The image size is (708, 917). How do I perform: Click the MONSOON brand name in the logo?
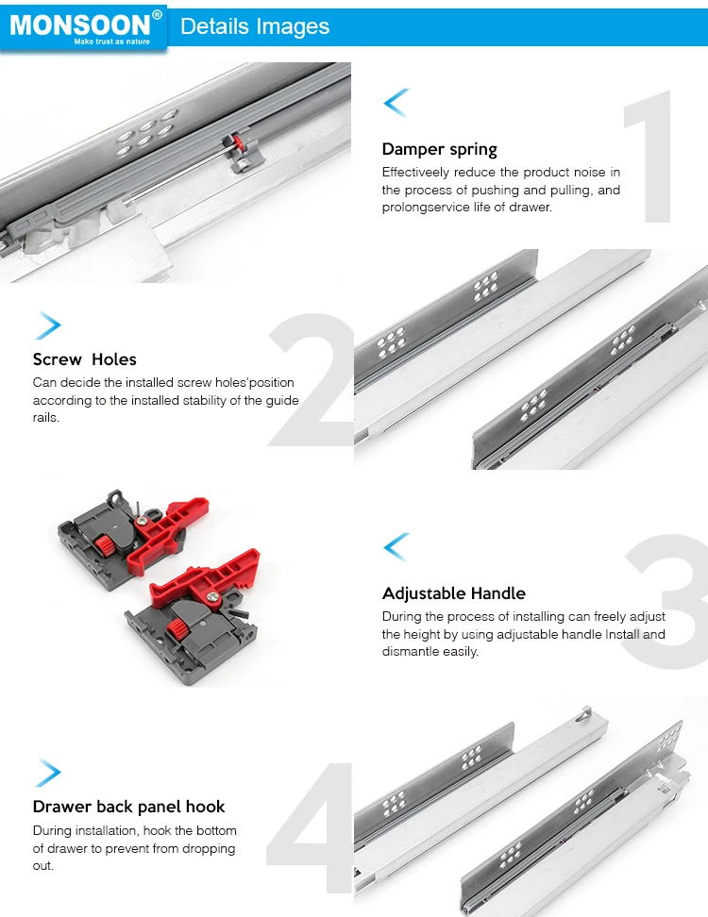coord(80,24)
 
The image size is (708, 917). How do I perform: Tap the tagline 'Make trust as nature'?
coord(111,42)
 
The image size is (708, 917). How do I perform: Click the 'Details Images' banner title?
coord(255,26)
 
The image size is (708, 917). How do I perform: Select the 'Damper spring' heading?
coord(439,149)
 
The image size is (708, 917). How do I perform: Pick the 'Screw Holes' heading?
coord(84,359)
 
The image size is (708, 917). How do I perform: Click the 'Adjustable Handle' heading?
coord(453,593)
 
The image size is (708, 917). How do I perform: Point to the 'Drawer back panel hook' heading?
coord(128,807)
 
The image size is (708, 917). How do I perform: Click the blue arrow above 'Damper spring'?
coord(396,103)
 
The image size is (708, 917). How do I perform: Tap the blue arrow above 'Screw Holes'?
coord(47,325)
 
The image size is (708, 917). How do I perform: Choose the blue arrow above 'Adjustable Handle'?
coord(396,546)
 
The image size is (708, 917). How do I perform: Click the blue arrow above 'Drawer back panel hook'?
coord(47,773)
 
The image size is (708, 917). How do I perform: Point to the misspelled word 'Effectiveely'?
coord(415,173)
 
